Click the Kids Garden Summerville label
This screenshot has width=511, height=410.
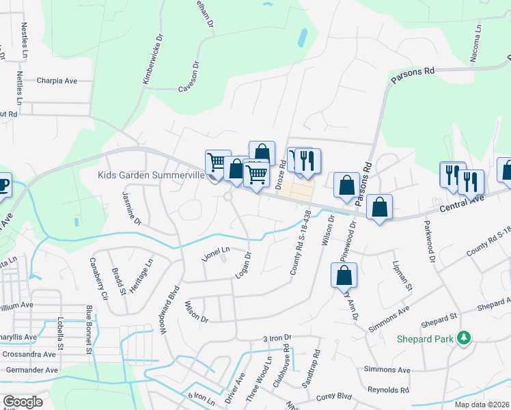pos(152,176)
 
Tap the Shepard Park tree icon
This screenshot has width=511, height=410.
pos(464,338)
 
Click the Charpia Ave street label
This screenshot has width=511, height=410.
pos(57,81)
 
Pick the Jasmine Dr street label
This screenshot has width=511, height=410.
pos(131,208)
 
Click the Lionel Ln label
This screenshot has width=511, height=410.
pos(216,253)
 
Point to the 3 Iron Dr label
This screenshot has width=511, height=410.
pos(277,338)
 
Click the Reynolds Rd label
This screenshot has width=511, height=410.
pos(387,390)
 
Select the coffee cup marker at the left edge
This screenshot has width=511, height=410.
pos(3,184)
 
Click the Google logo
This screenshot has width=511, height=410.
pos(23,402)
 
